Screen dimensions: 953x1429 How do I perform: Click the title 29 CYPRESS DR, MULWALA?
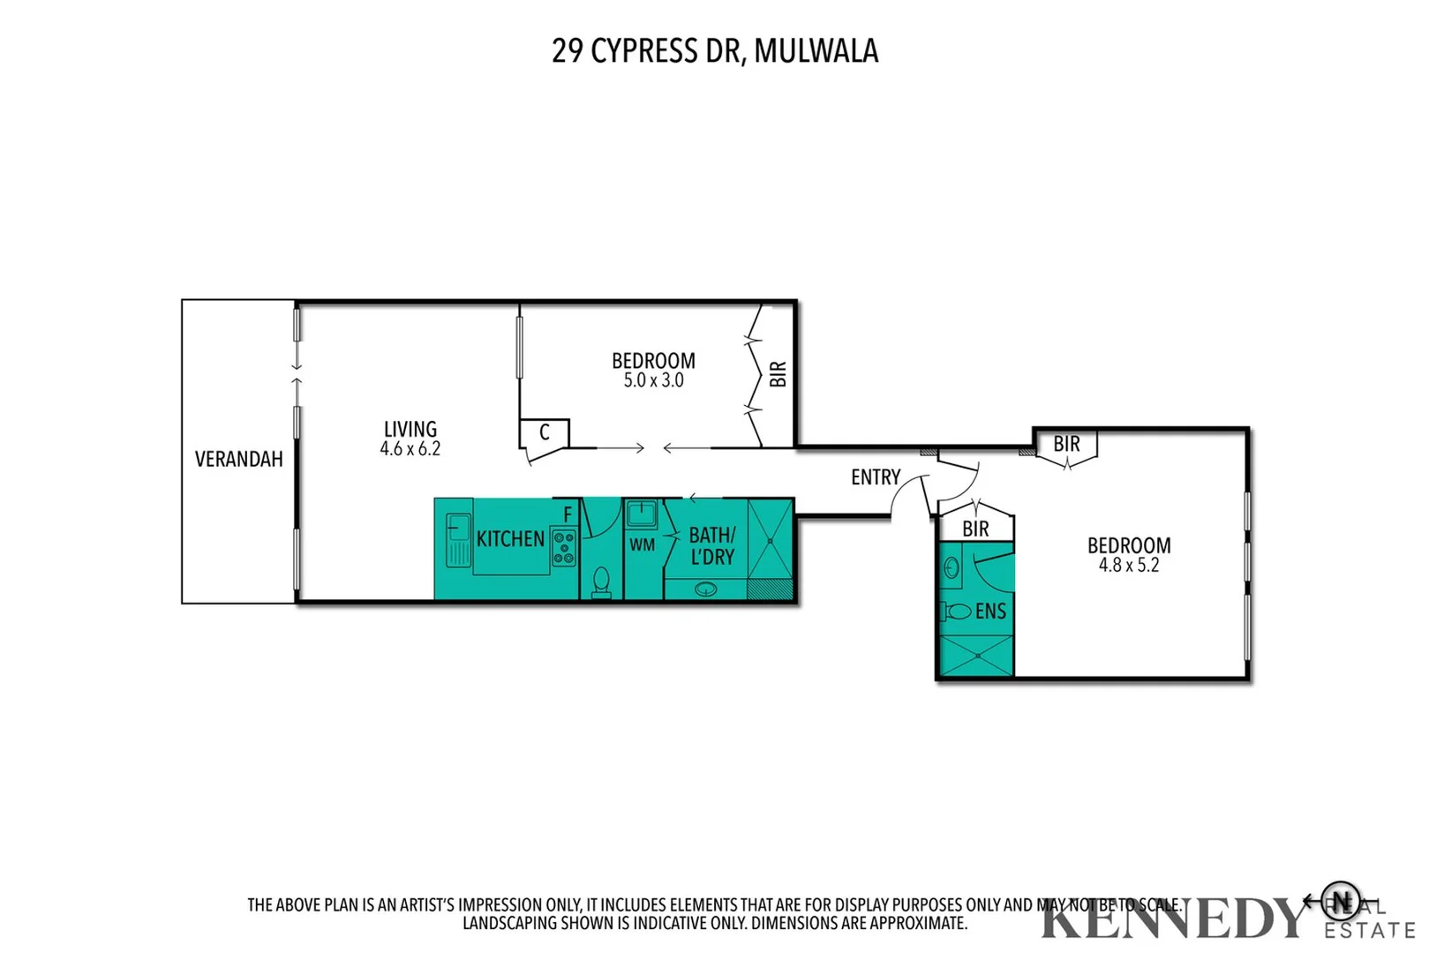point(714,51)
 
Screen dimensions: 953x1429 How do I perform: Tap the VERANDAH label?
point(238,459)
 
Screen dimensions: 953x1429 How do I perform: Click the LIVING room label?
point(410,430)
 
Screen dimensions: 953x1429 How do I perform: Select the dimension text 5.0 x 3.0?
point(653,381)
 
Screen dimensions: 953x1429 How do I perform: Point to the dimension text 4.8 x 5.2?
point(1128,566)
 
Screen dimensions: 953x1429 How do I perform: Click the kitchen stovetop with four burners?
point(563,547)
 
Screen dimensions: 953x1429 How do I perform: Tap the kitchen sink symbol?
point(458,539)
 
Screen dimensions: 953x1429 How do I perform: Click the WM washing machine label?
point(642,545)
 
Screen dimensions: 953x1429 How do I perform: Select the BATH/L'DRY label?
point(711,546)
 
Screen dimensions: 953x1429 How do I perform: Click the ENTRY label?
point(875,477)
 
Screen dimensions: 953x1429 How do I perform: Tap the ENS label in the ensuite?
point(989,612)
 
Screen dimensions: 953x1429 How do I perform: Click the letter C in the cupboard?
point(545,432)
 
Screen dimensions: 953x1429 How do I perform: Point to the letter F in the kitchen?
point(568,514)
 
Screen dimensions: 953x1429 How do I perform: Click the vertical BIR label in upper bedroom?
point(778,374)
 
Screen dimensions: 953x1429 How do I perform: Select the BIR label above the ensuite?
point(974,529)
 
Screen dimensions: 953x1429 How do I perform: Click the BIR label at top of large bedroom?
point(1066,444)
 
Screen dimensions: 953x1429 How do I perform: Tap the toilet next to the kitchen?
point(601,582)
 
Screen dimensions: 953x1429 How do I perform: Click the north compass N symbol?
point(1340,901)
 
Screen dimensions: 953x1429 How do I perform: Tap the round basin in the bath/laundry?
point(705,589)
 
